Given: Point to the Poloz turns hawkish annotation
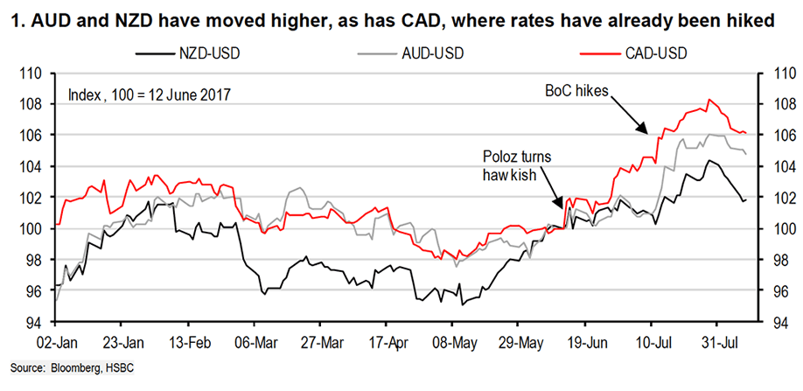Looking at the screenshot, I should [519, 165].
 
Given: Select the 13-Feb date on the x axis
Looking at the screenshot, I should [188, 339].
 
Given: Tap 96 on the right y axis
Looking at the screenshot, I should [776, 292].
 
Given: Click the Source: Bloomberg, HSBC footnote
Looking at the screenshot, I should [73, 365].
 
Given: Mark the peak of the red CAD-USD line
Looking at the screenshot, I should [709, 100].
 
